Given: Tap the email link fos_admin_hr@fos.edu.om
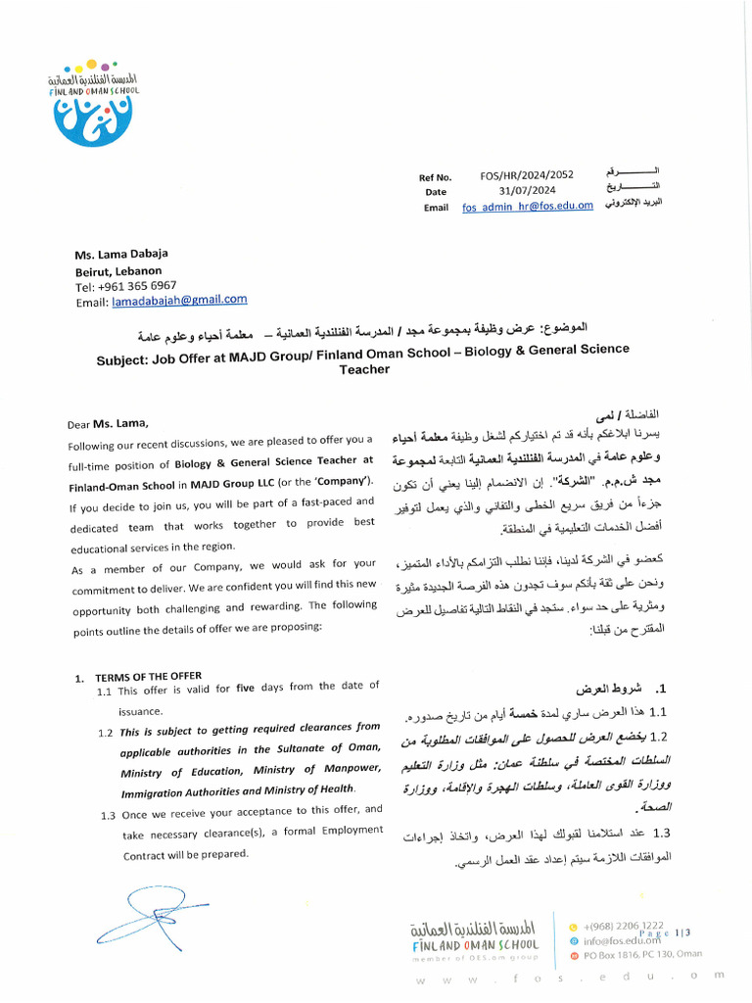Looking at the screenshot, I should coord(528,206).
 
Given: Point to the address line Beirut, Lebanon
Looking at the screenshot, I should coord(118,271).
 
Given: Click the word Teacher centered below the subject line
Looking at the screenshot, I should coord(364,369).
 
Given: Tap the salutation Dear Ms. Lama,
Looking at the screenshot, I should coord(109,424).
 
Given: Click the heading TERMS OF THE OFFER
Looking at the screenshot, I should coord(148,677).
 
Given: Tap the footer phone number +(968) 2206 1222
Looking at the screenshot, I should coord(624,925).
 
